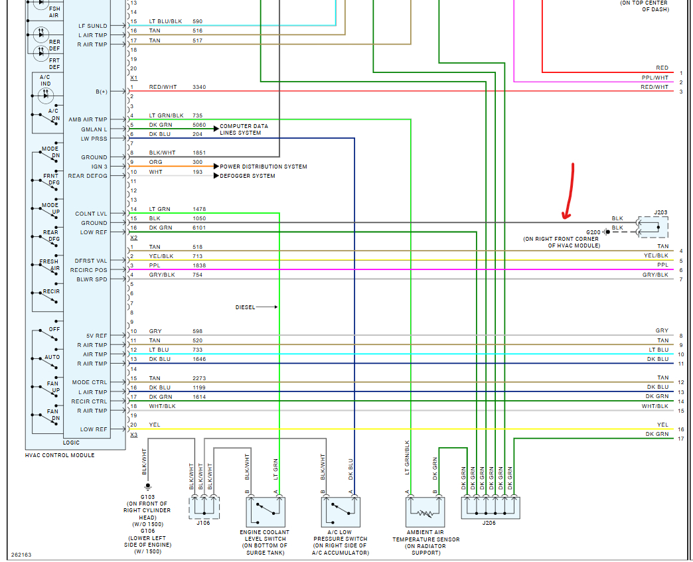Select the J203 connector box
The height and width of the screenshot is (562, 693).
[x=653, y=226]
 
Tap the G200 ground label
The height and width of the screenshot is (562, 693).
[x=593, y=232]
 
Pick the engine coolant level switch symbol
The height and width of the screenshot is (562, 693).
[x=266, y=512]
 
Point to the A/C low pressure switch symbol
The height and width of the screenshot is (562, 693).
[x=341, y=512]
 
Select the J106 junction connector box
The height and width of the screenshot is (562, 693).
[x=204, y=508]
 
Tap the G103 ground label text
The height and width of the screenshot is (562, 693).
[x=147, y=496]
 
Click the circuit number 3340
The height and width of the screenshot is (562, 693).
[x=199, y=87]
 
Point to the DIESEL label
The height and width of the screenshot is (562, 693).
[x=245, y=307]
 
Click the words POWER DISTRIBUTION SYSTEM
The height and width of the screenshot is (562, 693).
[x=264, y=167]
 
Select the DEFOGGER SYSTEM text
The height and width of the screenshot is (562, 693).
[x=248, y=176]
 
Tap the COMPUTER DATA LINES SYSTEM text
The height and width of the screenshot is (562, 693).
[x=244, y=129]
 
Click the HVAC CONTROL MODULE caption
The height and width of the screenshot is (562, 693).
[x=60, y=455]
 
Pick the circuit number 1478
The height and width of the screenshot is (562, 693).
[x=199, y=209]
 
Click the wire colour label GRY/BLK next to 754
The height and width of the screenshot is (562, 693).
[x=161, y=275]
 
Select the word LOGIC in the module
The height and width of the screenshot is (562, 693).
[x=71, y=443]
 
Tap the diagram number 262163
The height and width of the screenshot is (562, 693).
[x=21, y=554]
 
